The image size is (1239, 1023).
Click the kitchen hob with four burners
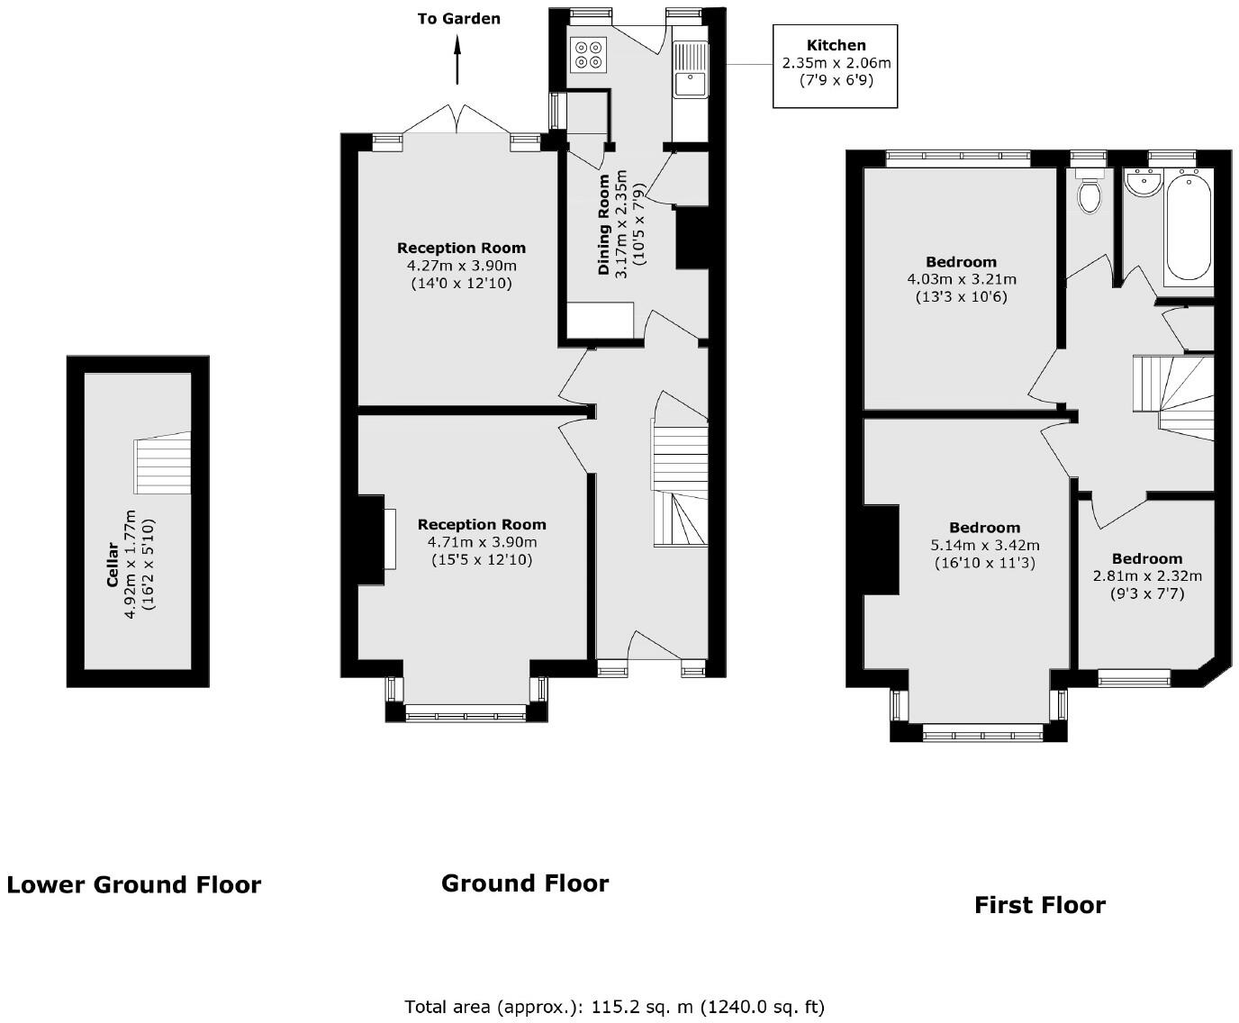pos(589,55)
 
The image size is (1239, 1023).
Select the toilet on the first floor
pos(1090,193)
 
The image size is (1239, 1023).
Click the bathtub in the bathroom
pos(1189,228)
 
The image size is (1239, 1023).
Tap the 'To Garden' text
pos(458,18)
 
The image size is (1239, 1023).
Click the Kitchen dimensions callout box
pos(836,65)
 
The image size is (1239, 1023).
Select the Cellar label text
pos(113,564)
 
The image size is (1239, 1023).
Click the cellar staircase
pos(163,463)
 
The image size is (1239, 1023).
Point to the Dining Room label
pos(604,224)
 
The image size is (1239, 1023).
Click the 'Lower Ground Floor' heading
pos(133,885)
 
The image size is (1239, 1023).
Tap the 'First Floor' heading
pos(1039,905)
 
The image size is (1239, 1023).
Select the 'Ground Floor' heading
pos(525,883)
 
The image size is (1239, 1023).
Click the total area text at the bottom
pos(614,1007)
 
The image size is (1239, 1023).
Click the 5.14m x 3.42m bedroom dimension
pos(984,545)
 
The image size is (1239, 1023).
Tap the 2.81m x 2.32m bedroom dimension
pos(1147,575)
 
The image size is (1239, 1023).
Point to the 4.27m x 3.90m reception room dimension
pos(462,266)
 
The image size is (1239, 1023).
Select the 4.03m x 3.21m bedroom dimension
pos(961,279)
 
